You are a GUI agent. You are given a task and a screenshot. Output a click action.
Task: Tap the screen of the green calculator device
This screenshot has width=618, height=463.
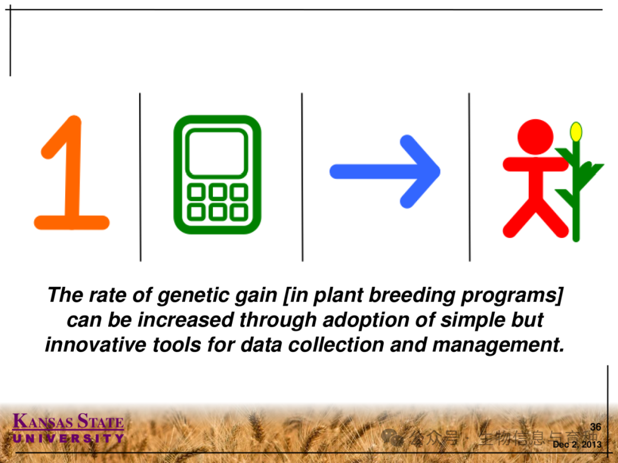[x=217, y=153]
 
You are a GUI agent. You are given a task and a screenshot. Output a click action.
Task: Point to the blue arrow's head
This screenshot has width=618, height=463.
[x=420, y=171]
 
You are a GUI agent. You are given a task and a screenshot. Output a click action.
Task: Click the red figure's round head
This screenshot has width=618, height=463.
[x=535, y=137]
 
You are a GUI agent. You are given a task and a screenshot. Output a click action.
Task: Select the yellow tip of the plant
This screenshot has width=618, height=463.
[x=576, y=132]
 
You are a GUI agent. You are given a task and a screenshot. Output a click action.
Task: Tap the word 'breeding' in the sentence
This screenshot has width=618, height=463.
[x=411, y=296]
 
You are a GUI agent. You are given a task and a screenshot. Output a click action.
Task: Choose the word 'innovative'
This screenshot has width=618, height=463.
[x=96, y=345]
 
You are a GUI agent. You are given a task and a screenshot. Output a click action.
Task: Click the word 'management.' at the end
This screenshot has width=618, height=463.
[x=498, y=345]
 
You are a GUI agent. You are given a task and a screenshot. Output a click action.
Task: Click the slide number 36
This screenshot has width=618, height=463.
[x=596, y=427]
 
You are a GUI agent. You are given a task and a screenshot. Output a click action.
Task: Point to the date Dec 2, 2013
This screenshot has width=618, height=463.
[x=577, y=445]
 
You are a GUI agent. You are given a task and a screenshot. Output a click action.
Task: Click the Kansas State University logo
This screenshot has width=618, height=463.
[x=68, y=428]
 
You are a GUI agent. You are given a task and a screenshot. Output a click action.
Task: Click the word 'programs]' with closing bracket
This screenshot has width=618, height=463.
[x=512, y=296]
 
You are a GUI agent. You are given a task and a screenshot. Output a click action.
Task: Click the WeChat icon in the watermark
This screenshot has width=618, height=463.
[x=392, y=437]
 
